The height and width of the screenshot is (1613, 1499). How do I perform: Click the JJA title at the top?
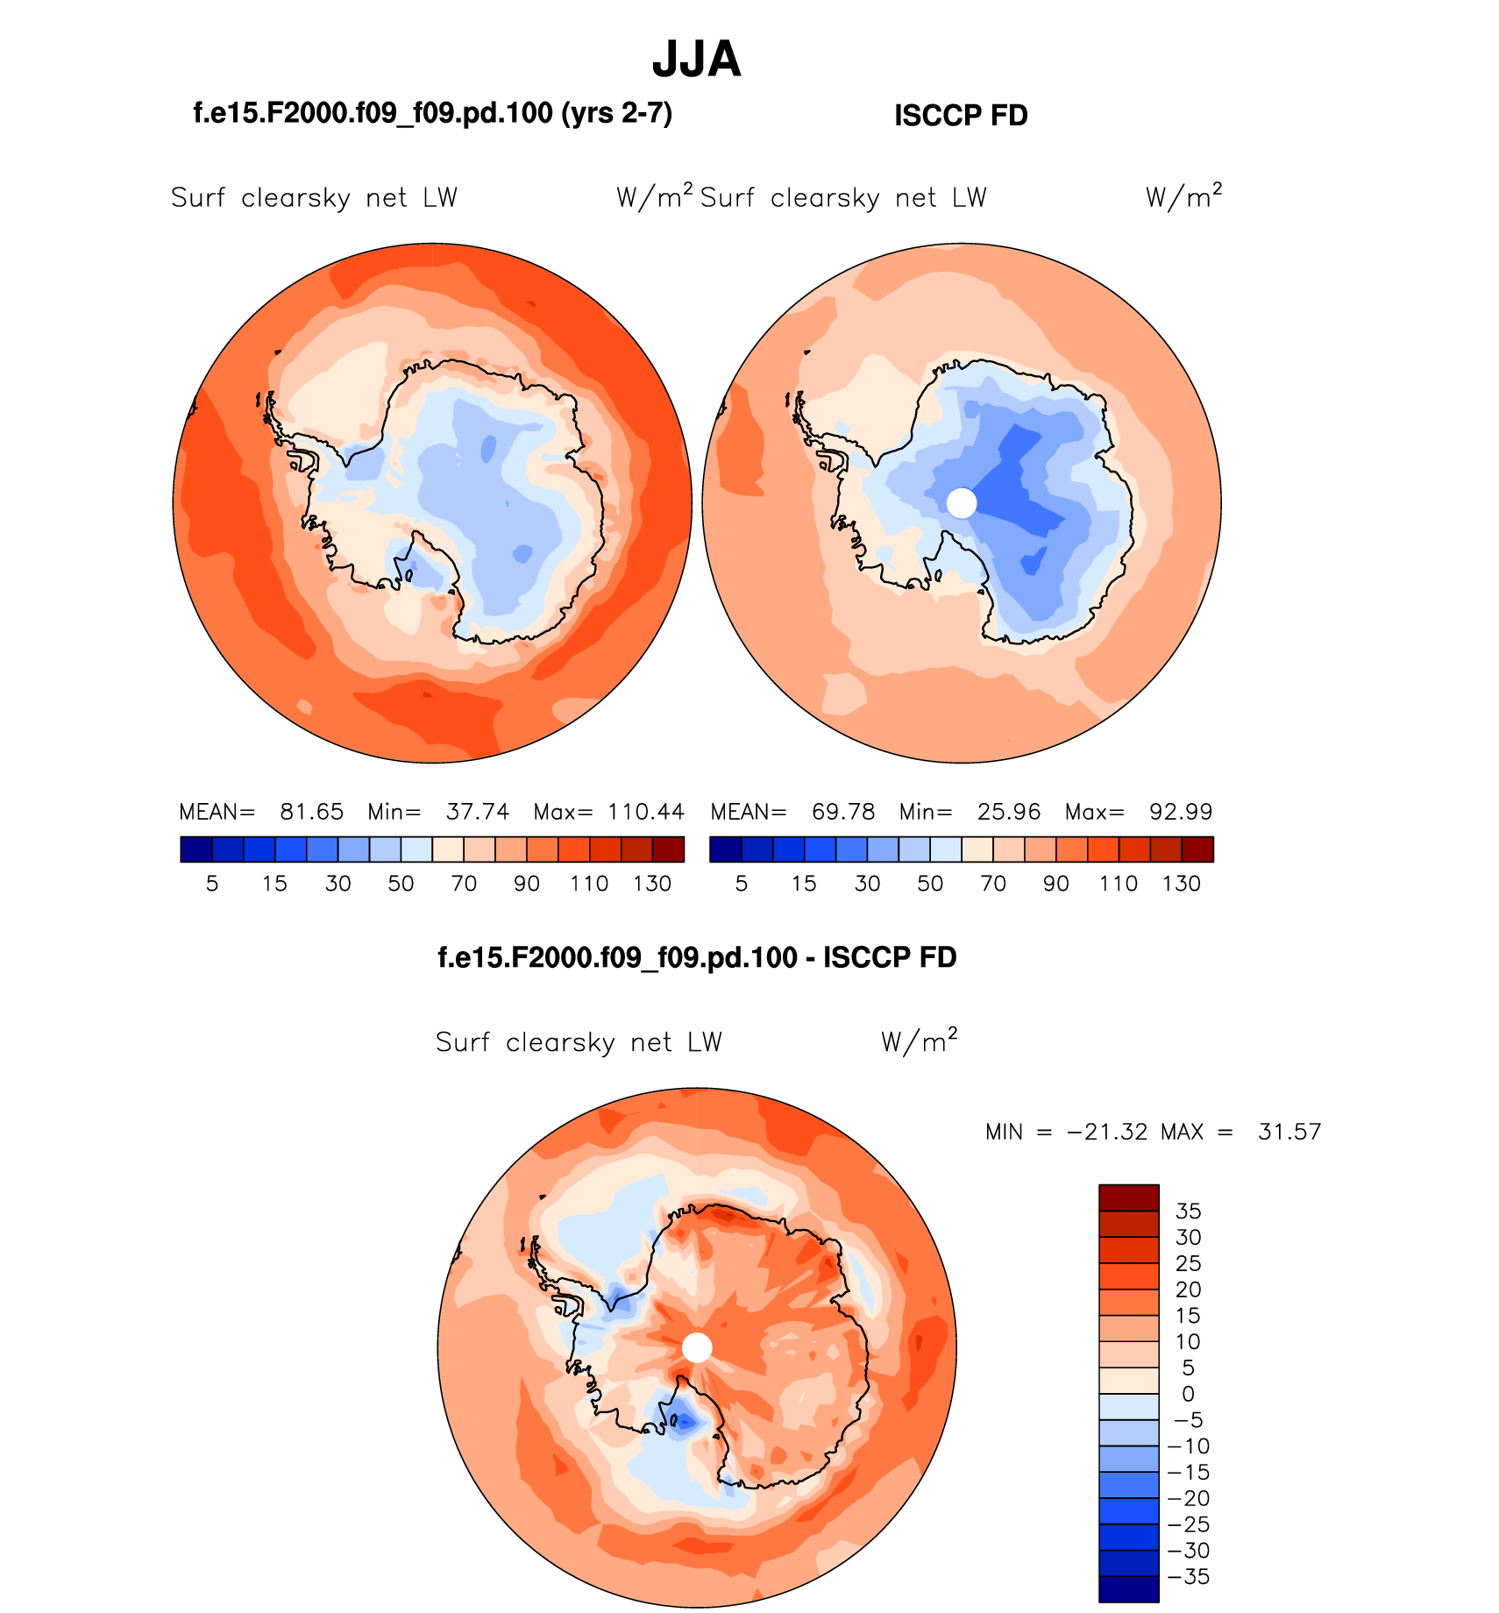697,60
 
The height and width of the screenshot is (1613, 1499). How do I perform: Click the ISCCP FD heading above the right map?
961,116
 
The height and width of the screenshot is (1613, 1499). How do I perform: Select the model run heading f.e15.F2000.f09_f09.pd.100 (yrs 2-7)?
432,113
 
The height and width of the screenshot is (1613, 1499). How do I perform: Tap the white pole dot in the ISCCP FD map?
962,503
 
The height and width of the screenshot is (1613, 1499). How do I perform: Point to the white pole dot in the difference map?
697,1347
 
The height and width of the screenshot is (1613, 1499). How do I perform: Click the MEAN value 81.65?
311,812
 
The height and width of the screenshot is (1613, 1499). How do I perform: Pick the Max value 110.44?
646,812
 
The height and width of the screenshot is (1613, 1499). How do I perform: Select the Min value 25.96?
1009,812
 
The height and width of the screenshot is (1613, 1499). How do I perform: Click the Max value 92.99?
1181,812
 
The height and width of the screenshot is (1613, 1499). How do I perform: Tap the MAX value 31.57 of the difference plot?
1289,1132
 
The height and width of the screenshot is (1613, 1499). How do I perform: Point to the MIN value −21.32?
1107,1132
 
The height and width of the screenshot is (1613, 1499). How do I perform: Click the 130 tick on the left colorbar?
652,884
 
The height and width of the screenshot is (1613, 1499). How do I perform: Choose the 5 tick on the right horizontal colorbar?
742,884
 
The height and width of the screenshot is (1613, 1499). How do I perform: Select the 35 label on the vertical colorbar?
1188,1212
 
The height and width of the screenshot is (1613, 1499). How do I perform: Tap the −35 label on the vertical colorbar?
1188,1577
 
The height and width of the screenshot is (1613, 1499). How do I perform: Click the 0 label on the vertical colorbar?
1188,1394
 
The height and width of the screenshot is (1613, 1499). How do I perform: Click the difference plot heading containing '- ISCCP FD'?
697,957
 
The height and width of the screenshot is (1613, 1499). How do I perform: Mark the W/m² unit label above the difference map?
919,1041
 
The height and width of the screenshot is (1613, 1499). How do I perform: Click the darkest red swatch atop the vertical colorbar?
1129,1197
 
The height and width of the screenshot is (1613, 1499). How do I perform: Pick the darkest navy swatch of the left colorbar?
196,849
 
